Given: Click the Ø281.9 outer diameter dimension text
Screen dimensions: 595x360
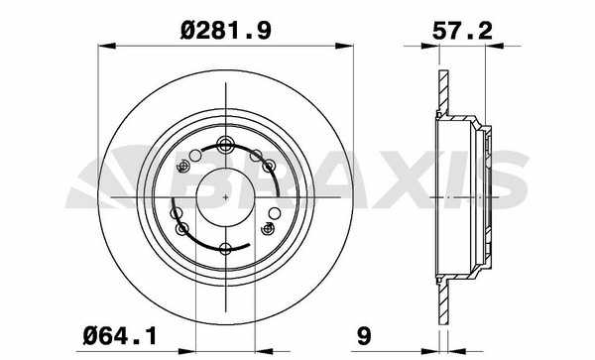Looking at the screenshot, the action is point(226,31).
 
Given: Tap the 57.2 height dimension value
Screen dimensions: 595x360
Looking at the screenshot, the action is point(462,31).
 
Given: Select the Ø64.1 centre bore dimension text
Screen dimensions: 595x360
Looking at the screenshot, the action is point(120,336).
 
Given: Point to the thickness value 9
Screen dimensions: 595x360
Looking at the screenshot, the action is point(364,336).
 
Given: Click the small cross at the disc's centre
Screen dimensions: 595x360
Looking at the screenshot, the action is point(226,197).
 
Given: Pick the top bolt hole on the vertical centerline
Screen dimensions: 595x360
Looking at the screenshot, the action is point(226,144).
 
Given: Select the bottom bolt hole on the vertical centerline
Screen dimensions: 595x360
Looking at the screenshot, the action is point(226,249).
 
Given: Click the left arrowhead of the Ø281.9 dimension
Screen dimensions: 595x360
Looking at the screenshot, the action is point(107,46).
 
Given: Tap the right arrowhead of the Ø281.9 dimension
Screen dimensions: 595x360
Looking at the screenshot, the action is point(344,46).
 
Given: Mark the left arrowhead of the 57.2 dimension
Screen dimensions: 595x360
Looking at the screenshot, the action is point(430,46).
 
